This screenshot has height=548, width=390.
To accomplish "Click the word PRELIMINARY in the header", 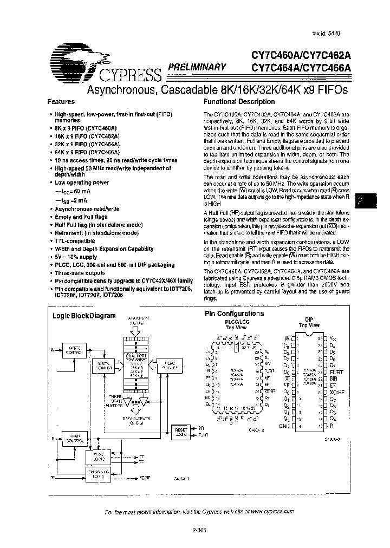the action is coord(197,67).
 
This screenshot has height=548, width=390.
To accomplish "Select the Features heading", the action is coord(61,101).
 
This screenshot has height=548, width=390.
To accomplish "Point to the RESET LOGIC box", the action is coord(180,431).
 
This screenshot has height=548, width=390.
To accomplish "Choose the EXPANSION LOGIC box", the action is coord(98,475).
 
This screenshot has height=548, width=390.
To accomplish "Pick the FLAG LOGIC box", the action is coord(98,456).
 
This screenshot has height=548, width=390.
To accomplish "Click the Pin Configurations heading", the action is coord(233,314).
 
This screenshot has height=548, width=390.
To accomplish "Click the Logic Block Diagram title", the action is coord(84,316).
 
